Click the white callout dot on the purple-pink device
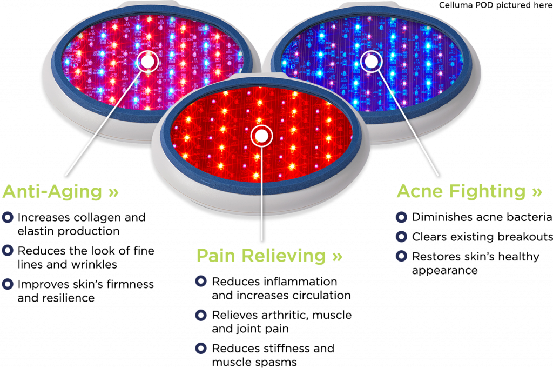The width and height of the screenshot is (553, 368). click(147, 61)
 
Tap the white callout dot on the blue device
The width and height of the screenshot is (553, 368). click(371, 62)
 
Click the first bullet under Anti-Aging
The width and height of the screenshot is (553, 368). click(7, 217)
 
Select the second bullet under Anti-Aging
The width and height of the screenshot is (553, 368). click(7, 250)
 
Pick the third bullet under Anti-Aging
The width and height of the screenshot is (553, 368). click(7, 283)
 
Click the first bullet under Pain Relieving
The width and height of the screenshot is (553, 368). click(201, 281)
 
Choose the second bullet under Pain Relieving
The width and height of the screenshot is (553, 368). click(201, 315)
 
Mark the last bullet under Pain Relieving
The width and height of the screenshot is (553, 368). click(201, 347)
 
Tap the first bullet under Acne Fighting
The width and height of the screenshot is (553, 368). click(401, 217)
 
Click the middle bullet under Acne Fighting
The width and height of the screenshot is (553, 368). click(401, 236)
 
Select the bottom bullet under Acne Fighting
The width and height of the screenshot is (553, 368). click(401, 256)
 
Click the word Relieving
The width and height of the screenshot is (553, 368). click(284, 256)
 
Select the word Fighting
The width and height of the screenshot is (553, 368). click(491, 191)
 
